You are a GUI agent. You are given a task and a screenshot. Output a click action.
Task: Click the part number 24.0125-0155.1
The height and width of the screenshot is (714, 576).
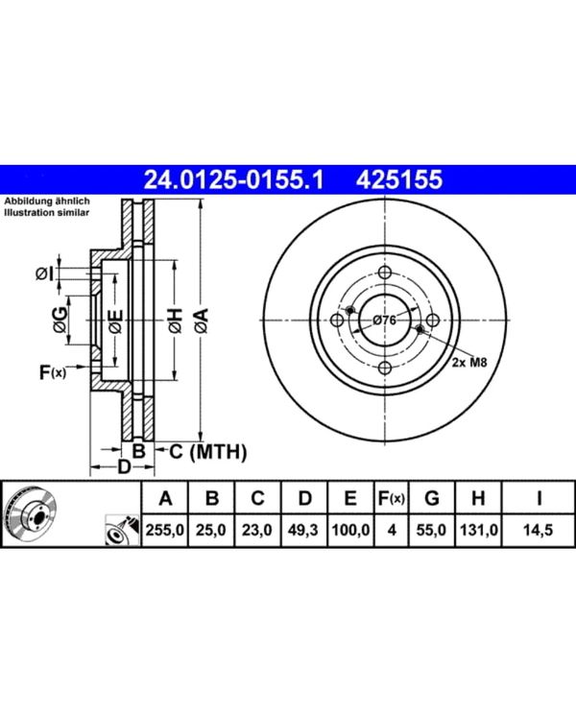233,179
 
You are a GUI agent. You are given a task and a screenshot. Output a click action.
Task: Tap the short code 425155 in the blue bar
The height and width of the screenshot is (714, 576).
398,179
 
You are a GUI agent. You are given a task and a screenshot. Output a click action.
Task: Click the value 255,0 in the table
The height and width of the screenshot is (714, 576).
165,530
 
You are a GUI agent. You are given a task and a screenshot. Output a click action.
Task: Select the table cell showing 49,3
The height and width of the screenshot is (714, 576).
303,530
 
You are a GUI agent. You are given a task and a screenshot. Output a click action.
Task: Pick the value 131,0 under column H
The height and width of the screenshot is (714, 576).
478,530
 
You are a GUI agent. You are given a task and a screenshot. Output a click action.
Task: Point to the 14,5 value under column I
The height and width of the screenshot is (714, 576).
538,530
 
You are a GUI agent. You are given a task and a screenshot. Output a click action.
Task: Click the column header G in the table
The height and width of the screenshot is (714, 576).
431,498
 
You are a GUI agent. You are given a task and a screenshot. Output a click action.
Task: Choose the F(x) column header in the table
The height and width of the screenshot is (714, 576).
391,498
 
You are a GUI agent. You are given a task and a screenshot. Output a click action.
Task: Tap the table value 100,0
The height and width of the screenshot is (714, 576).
350,530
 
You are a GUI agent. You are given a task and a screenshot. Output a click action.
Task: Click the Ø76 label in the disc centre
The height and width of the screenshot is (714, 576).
384,321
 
